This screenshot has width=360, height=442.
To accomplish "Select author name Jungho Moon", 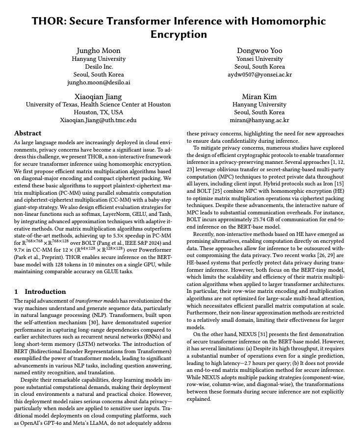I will coord(98,51).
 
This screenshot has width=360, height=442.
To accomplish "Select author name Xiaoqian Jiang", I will coord(98,96).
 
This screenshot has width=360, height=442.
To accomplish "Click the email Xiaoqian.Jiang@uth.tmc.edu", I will coord(98,120).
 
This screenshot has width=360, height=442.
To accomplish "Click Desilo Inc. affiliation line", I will coord(98,67).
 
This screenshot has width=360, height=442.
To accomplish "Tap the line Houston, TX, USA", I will coord(98,112).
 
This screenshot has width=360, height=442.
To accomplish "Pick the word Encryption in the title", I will coord(179,34).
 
